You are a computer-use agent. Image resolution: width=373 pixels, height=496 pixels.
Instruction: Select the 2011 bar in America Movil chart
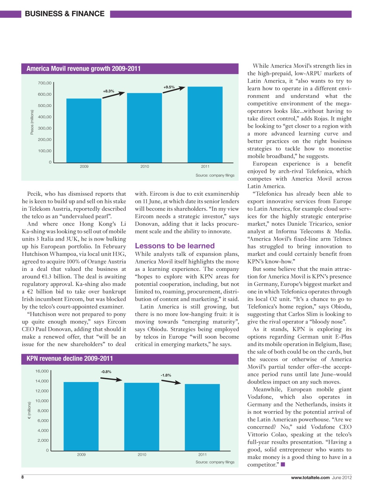(205, 124)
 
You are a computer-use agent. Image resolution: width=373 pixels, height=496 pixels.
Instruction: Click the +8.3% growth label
(108, 91)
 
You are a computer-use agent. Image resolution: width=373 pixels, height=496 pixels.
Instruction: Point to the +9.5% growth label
(169, 87)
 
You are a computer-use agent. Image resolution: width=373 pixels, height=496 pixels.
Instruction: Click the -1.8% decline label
(166, 375)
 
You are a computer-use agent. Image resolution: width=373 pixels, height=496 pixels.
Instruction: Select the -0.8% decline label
(106, 372)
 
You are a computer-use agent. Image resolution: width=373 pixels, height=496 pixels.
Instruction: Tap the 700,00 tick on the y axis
(45, 83)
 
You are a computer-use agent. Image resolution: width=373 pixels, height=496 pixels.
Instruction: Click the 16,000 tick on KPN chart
(42, 371)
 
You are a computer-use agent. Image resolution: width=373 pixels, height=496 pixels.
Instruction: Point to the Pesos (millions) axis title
(32, 122)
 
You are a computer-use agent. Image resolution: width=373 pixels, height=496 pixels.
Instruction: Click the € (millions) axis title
(29, 410)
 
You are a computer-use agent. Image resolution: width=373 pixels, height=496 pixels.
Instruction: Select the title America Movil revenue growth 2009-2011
(83, 69)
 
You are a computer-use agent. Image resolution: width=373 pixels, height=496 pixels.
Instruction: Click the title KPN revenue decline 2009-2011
(70, 358)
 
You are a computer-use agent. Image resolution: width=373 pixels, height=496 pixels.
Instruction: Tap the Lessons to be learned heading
(175, 246)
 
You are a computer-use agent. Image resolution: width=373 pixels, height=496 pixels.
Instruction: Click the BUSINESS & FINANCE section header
(64, 14)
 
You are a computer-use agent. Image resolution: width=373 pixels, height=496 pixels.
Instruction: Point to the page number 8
(22, 477)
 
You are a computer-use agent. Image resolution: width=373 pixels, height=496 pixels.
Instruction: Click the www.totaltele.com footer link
(310, 477)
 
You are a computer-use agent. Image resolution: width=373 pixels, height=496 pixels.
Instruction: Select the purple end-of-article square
(283, 464)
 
